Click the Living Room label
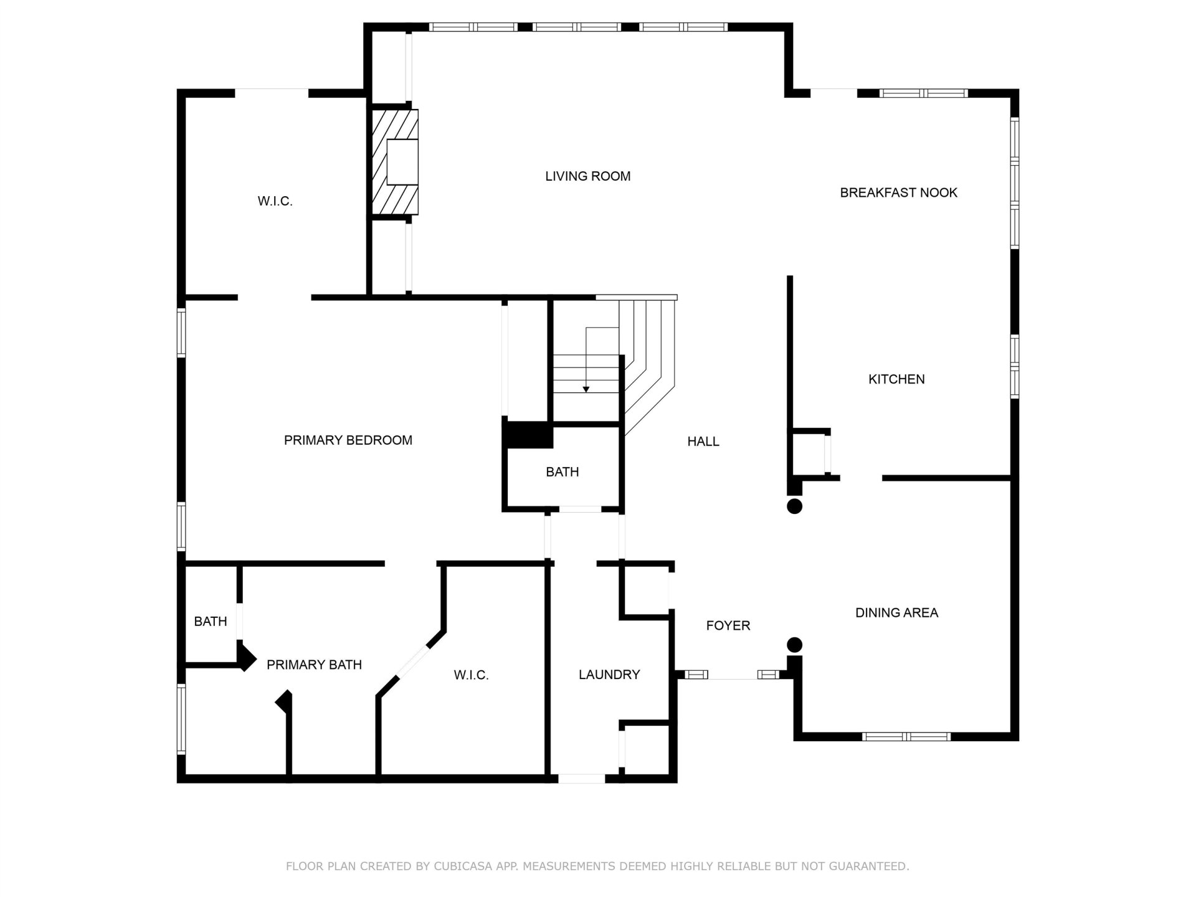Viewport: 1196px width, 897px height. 587,176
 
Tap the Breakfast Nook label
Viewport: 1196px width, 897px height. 898,192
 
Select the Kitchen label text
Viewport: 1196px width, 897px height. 896,379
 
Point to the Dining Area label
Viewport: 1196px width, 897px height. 896,612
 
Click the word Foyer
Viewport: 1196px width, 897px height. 728,625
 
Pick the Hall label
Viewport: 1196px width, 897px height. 703,442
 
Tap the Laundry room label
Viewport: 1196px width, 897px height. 609,674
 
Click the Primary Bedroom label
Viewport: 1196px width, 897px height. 348,440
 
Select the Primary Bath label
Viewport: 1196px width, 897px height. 314,665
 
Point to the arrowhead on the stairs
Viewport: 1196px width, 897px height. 586,390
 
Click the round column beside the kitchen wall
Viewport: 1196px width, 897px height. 794,506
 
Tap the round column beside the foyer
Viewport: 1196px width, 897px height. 794,645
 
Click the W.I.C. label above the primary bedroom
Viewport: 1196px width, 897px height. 275,201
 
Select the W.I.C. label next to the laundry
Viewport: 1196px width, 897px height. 471,675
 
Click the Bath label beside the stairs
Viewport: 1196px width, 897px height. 562,472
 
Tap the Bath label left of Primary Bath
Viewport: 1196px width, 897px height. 211,621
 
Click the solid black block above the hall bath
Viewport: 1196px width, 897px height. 528,435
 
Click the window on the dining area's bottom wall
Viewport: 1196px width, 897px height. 906,737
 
